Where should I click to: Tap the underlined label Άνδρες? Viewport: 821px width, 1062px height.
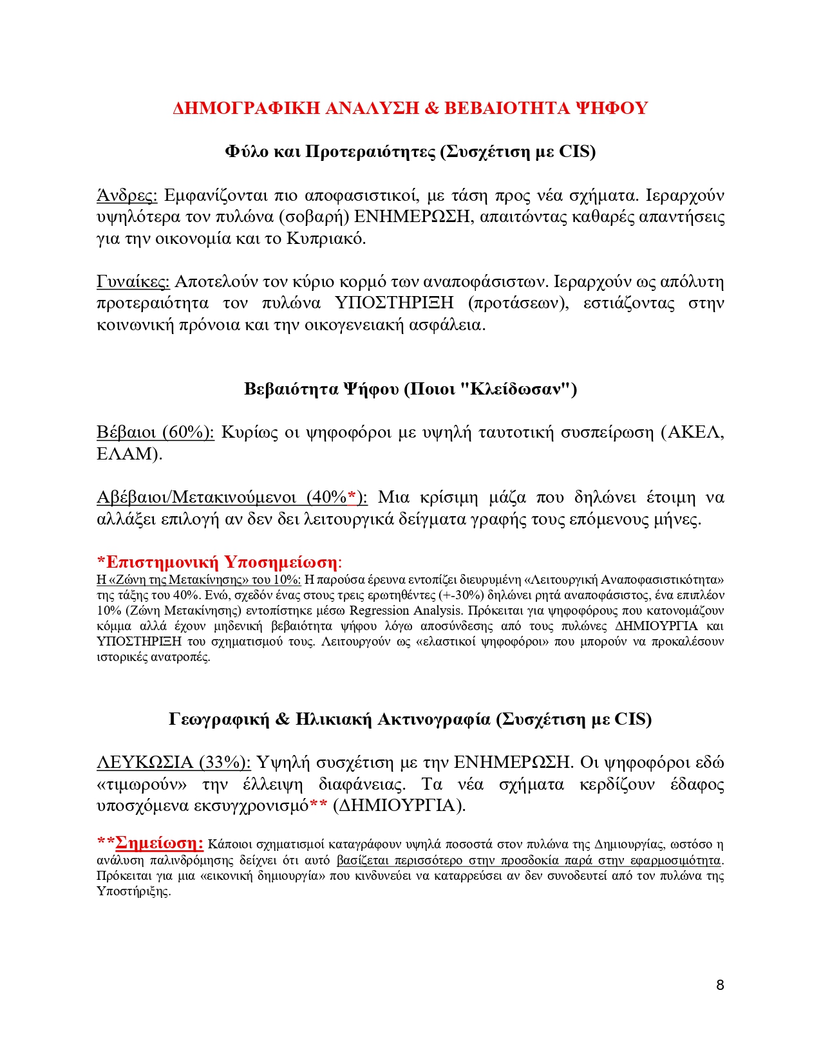(127, 195)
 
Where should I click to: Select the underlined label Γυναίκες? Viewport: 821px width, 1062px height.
(133, 281)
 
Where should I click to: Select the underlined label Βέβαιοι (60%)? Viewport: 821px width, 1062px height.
(155, 432)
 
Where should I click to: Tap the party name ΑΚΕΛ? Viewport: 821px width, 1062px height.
(695, 432)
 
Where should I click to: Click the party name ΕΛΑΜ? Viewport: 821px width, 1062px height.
(126, 454)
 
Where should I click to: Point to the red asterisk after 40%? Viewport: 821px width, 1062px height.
(352, 497)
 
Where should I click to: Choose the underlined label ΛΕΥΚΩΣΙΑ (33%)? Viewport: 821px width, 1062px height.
(174, 763)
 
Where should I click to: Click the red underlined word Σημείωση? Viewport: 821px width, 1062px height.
(160, 843)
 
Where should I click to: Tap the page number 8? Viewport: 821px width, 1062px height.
(720, 985)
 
